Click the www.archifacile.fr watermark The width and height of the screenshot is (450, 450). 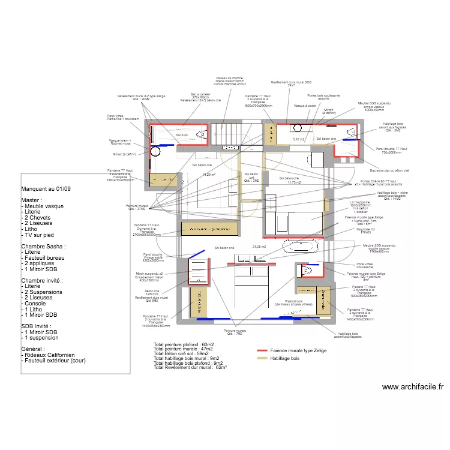[412, 388]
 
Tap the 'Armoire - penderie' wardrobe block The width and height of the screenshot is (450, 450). [210, 229]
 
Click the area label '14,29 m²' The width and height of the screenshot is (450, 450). [209, 174]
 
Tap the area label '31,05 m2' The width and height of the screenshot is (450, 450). [259, 247]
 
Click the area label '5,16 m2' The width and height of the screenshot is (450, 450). [298, 139]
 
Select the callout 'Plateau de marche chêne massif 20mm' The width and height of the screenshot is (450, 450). [230, 81]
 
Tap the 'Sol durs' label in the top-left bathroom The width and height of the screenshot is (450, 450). [182, 136]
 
